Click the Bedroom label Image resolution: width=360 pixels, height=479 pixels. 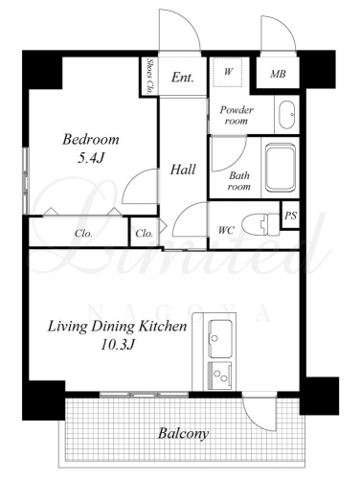(x=91, y=140)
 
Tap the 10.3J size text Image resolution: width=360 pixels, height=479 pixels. (x=118, y=345)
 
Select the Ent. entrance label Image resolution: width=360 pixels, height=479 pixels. (x=182, y=78)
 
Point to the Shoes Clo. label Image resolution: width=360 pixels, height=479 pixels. (x=149, y=76)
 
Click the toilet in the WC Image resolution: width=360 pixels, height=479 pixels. (x=260, y=223)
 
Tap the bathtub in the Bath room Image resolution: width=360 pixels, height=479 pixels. (x=281, y=168)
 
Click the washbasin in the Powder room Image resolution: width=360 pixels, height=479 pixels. (x=286, y=115)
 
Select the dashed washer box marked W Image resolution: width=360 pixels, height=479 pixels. (x=228, y=72)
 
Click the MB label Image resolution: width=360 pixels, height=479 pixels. (x=278, y=74)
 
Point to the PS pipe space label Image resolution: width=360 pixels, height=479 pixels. (x=290, y=216)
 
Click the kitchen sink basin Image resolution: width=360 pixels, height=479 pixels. (x=220, y=339)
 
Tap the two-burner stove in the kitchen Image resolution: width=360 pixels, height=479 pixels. (x=220, y=376)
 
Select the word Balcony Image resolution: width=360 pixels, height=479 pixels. (x=184, y=434)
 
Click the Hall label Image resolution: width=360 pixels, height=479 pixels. (x=183, y=170)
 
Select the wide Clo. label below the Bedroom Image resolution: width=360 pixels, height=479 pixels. (x=83, y=234)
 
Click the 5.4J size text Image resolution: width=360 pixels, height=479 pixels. (x=91, y=158)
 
